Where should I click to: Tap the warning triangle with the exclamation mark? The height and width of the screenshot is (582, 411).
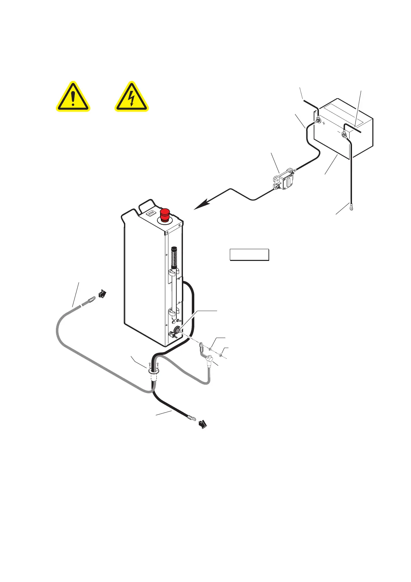click(x=73, y=98)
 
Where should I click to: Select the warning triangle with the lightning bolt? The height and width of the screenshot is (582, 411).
click(x=131, y=98)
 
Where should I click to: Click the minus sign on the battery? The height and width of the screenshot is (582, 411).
click(x=338, y=132)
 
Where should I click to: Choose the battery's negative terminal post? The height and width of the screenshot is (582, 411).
click(x=344, y=135)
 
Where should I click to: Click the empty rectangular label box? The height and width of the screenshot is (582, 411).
click(x=249, y=254)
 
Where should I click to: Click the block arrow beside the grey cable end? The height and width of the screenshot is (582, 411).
click(x=102, y=294)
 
